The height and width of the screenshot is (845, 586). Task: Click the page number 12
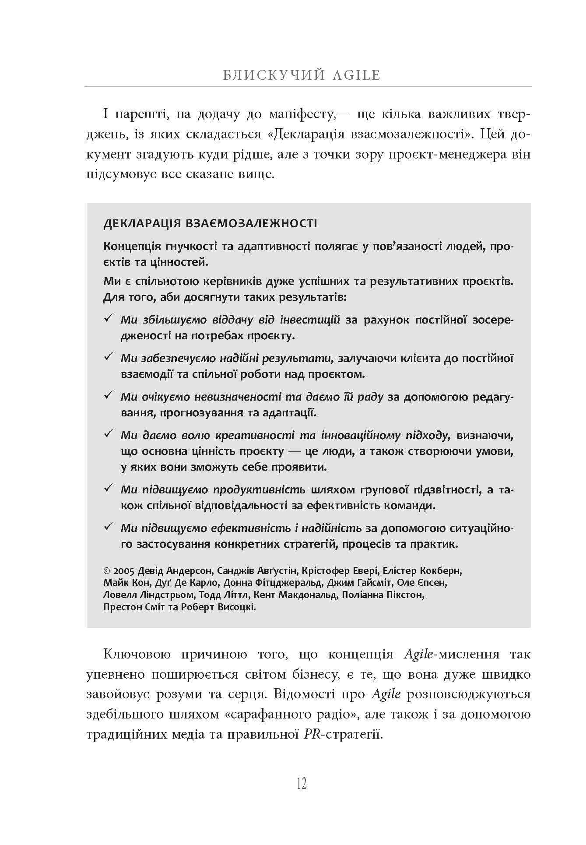pos(302,783)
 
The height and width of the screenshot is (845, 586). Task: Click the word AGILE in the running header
pos(356,75)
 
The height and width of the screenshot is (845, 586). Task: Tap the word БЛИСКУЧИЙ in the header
pos(274,75)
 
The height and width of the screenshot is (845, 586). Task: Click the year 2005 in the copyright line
pos(124,571)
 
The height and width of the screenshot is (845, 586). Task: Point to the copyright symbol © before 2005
pos(107,571)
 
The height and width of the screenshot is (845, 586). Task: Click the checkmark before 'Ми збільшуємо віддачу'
pos(108,318)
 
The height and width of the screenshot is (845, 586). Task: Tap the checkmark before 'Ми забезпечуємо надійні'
pos(108,357)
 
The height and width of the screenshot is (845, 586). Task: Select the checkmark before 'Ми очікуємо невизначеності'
pos(108,395)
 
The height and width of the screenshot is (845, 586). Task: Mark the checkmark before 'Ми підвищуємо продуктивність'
pos(108,488)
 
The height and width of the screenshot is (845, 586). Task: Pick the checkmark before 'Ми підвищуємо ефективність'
pos(108,527)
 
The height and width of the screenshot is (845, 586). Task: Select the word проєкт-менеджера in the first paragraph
pos(442,155)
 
